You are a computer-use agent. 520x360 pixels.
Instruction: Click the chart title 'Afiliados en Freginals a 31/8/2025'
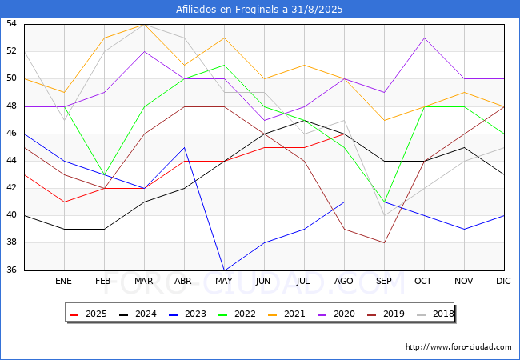tap(260, 10)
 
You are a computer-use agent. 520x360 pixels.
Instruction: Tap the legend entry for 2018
tap(434, 314)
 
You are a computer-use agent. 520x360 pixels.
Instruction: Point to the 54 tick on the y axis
tap(12, 24)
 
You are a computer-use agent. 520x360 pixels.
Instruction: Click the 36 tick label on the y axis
tap(12, 270)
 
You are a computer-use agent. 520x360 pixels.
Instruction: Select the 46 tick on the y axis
tap(12, 134)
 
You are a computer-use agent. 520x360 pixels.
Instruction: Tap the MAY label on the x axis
tap(224, 282)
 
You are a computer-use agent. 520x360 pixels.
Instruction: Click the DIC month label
tap(504, 282)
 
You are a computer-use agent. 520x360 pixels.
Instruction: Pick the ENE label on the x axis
tap(64, 282)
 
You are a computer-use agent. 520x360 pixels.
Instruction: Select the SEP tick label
tap(384, 282)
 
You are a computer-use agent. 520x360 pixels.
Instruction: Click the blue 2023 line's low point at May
tap(224, 270)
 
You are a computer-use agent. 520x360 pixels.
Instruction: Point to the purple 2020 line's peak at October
tap(424, 38)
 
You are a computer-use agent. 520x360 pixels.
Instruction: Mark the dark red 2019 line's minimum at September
tap(384, 242)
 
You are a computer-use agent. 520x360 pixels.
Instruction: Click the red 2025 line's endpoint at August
tap(344, 134)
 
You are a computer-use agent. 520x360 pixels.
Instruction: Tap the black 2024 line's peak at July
tap(304, 120)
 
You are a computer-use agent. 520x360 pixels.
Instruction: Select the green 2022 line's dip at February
tap(104, 174)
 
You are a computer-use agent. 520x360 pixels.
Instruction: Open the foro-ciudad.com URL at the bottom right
tap(458, 347)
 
